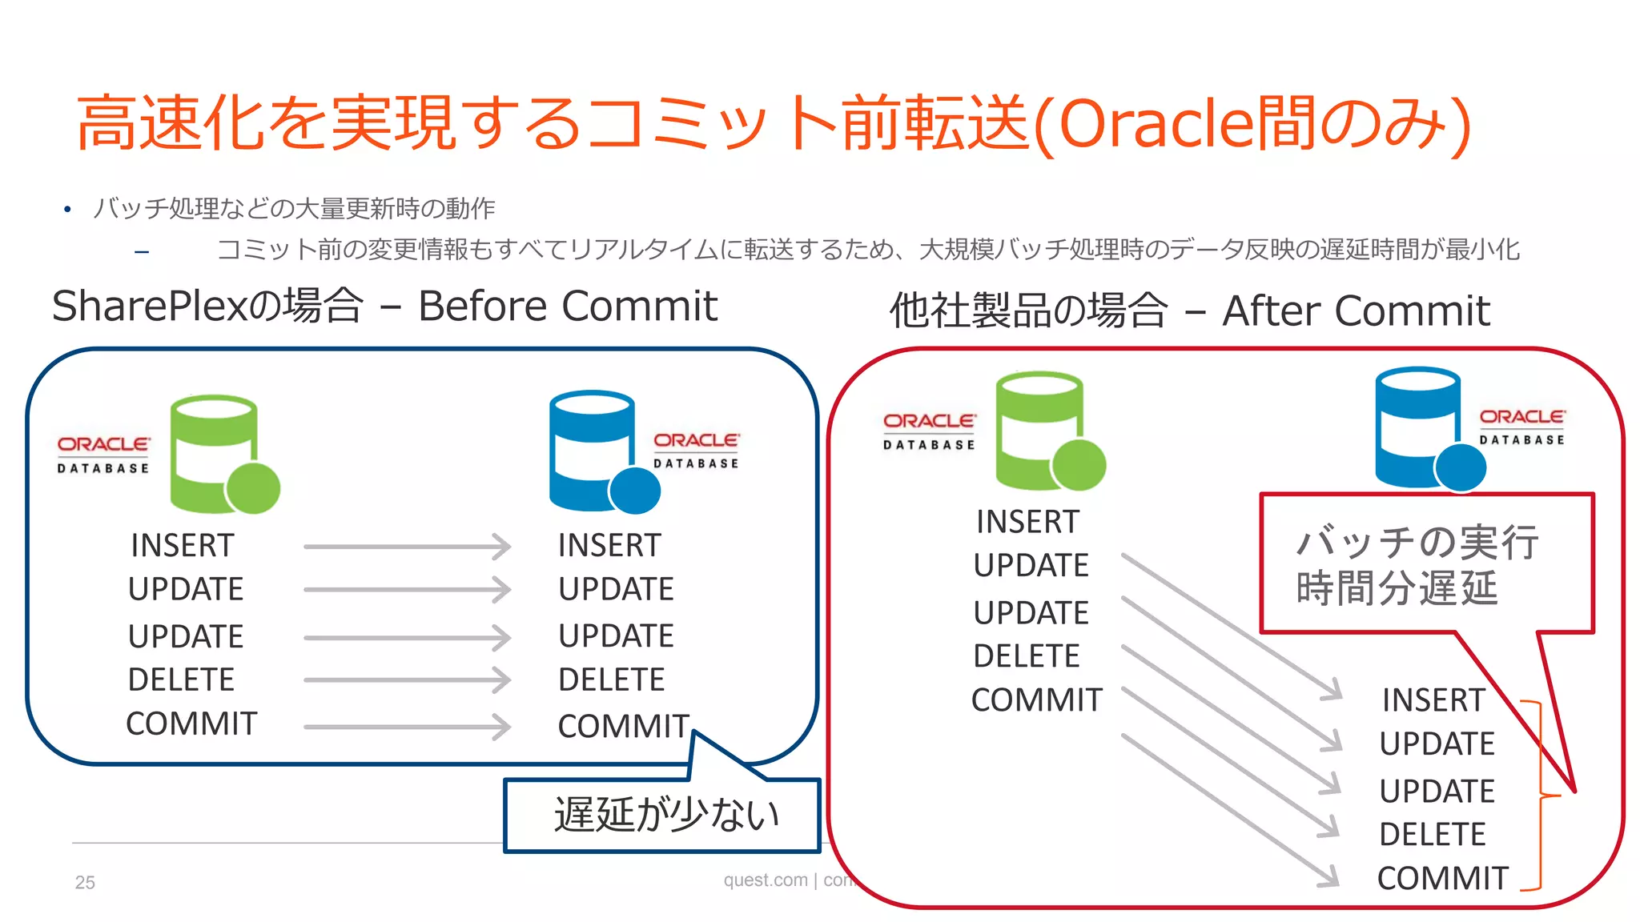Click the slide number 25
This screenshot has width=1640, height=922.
[x=85, y=882]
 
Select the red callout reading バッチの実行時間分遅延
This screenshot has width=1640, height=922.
[x=1417, y=565]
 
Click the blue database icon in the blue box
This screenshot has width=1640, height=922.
[x=601, y=451]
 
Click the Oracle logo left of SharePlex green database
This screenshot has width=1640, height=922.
[x=103, y=454]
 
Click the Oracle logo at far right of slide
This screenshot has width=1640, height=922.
[x=1521, y=426]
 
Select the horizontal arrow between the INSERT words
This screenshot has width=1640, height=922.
[x=407, y=547]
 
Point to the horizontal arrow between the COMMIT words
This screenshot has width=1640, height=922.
[x=407, y=727]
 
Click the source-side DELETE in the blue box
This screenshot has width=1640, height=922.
[x=181, y=680]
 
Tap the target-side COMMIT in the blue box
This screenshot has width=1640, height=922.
[x=623, y=726]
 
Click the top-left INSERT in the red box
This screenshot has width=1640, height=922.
[x=1027, y=522]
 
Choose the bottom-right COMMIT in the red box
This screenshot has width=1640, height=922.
[x=1442, y=878]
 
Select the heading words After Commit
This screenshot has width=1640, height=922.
[x=1356, y=311]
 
